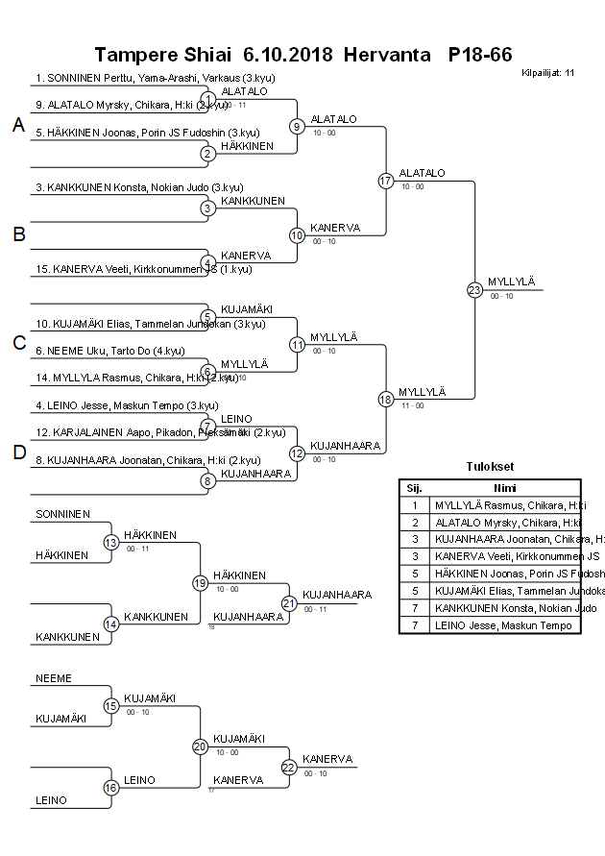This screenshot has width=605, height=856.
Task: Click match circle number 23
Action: [x=473, y=289]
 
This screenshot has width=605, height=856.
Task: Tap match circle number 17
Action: [x=385, y=181]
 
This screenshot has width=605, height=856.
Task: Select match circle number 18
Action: [x=385, y=399]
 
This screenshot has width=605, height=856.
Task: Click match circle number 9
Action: [x=297, y=126]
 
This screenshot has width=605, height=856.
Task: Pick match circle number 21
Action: [x=289, y=603]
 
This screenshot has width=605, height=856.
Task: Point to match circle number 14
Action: [x=110, y=624]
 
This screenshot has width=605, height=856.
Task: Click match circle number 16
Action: [x=110, y=787]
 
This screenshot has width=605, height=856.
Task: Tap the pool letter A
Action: [x=18, y=125]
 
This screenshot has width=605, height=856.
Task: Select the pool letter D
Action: [x=18, y=453]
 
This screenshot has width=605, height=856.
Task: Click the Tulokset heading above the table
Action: [x=490, y=467]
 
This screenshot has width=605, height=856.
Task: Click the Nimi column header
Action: [x=504, y=487]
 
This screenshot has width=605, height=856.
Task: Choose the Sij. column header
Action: [x=414, y=487]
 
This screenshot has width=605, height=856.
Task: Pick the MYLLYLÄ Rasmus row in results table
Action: [x=504, y=505]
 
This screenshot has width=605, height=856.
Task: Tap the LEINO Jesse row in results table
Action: [x=504, y=625]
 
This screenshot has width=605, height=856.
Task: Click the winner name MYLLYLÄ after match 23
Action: [x=511, y=281]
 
